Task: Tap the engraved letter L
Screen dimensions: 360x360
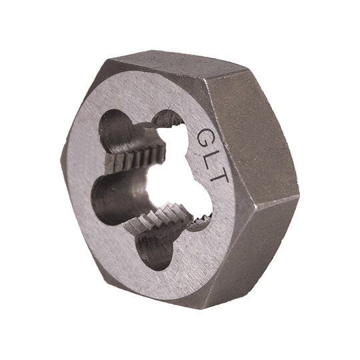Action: [x=212, y=158]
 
